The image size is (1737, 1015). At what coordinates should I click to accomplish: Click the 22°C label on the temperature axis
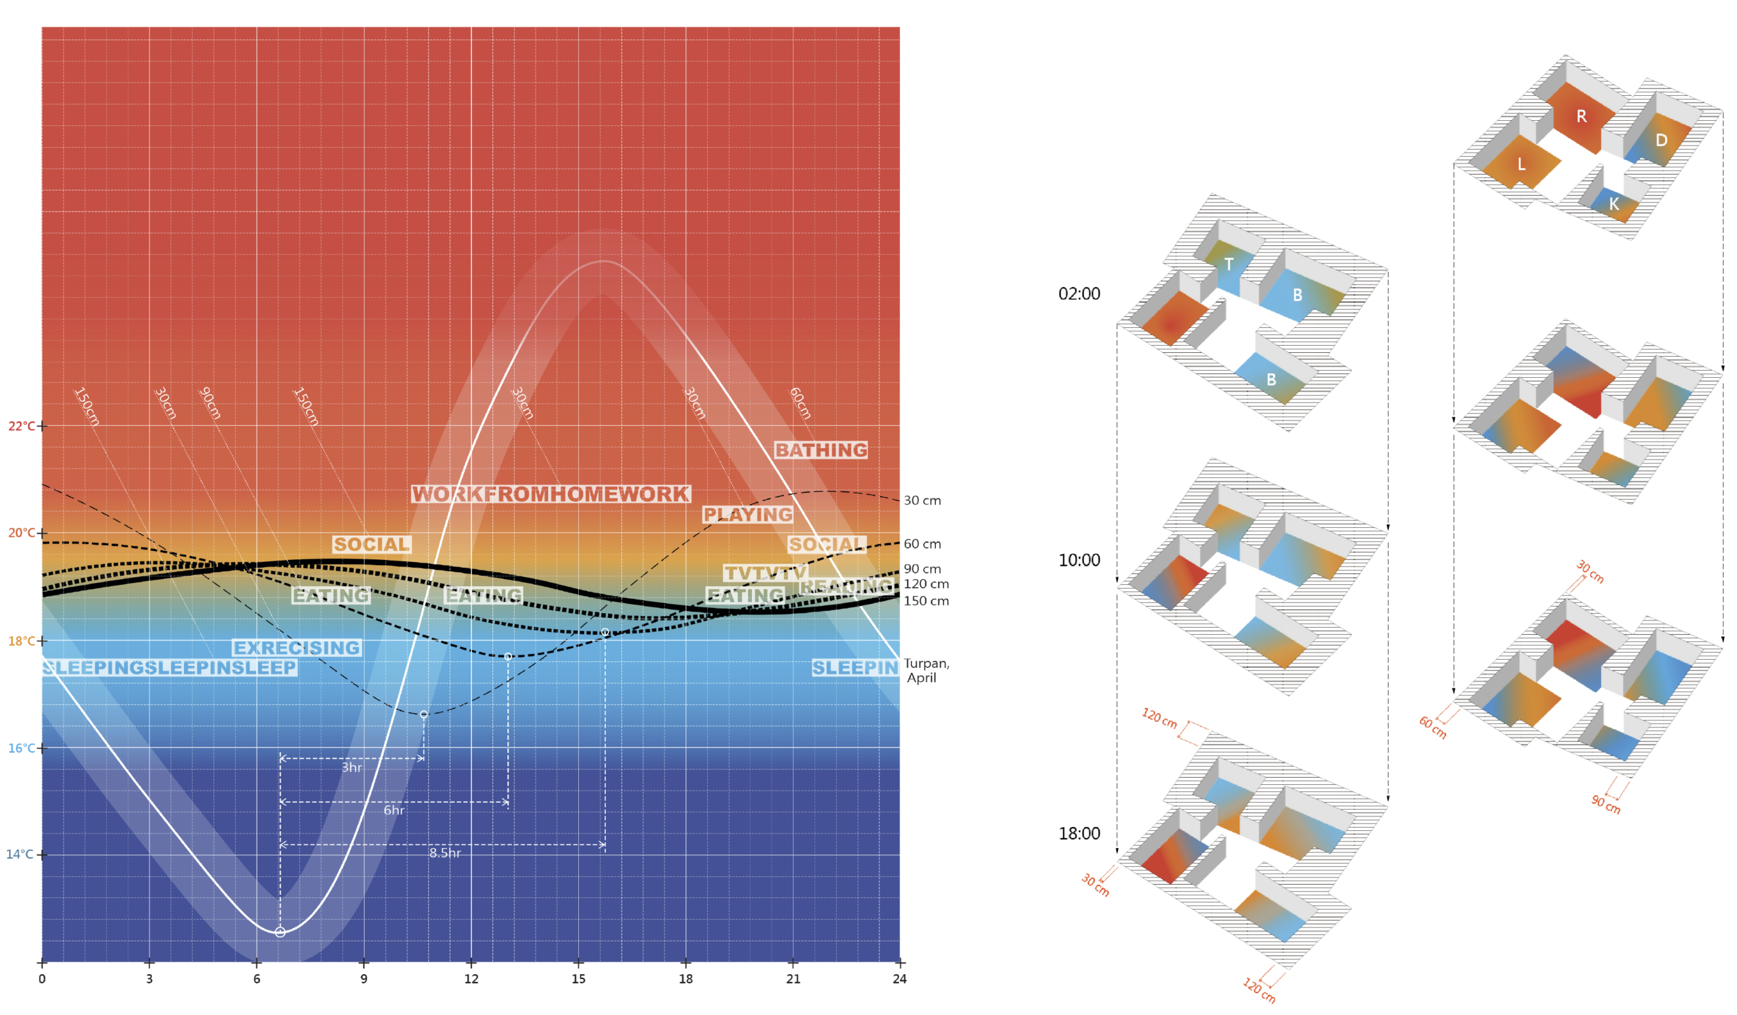pyautogui.click(x=21, y=426)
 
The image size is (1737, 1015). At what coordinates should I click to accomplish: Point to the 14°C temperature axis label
pyautogui.click(x=20, y=855)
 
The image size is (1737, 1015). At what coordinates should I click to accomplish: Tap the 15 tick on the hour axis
pyautogui.click(x=578, y=979)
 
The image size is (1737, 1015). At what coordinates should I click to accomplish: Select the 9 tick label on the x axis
pyautogui.click(x=364, y=979)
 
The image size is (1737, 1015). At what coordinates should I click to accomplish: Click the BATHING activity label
pyautogui.click(x=821, y=450)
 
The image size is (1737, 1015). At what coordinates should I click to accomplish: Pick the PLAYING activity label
pyautogui.click(x=748, y=515)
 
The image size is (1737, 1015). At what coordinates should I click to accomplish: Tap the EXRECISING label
pyautogui.click(x=296, y=648)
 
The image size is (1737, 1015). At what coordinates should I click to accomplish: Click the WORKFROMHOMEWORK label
pyautogui.click(x=551, y=493)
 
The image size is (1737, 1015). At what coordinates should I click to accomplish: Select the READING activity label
pyautogui.click(x=846, y=586)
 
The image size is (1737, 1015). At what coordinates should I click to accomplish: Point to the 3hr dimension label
pyautogui.click(x=351, y=768)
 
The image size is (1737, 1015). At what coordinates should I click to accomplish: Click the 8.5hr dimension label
pyautogui.click(x=445, y=853)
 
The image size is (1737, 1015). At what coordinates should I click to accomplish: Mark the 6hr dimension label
pyautogui.click(x=394, y=810)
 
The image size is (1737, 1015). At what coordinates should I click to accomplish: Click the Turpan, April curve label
pyautogui.click(x=926, y=670)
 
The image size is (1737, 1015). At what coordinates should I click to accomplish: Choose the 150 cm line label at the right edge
pyautogui.click(x=926, y=601)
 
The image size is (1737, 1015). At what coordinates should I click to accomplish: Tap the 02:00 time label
pyautogui.click(x=1079, y=294)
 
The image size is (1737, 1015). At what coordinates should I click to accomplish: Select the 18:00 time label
pyautogui.click(x=1079, y=833)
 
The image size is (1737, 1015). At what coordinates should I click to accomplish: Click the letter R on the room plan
pyautogui.click(x=1582, y=116)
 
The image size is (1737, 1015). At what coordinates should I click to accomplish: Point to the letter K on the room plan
pyautogui.click(x=1614, y=204)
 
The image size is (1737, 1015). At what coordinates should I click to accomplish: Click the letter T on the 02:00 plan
pyautogui.click(x=1228, y=264)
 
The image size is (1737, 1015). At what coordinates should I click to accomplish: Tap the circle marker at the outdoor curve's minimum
pyautogui.click(x=280, y=933)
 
